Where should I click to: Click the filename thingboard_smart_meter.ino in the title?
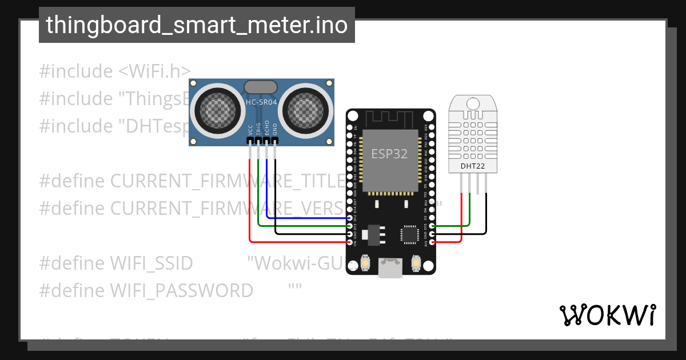click(197, 25)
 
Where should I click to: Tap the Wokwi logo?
click(607, 315)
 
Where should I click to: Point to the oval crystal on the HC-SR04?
click(261, 87)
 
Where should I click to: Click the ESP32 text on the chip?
click(390, 154)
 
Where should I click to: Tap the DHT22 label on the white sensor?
click(472, 167)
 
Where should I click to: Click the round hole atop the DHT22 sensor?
click(473, 103)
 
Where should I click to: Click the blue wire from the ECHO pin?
click(303, 218)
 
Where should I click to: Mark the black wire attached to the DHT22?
click(486, 217)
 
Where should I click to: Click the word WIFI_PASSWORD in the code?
click(181, 291)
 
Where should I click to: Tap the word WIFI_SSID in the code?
click(151, 263)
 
